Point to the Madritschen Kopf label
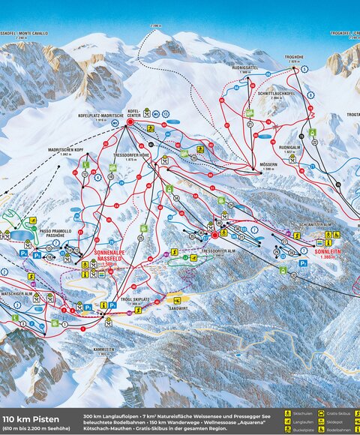tap(65, 151)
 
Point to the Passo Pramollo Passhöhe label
tap(54, 234)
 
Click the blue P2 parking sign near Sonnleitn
tap(303, 263)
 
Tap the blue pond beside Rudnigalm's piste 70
tap(263, 137)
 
